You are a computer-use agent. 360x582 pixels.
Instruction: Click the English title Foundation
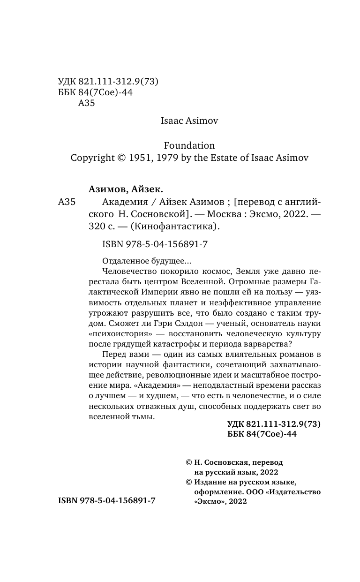point(189,145)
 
